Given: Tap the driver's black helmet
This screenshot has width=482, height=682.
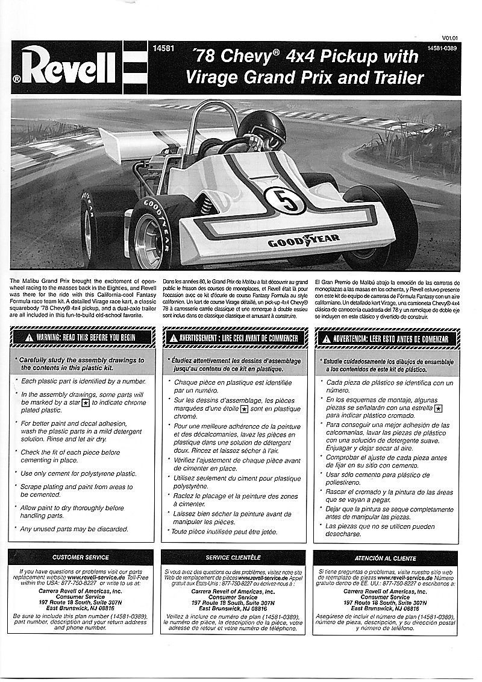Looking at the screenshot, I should pos(263,127).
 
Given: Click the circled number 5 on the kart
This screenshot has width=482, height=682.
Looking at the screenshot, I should pos(284,200).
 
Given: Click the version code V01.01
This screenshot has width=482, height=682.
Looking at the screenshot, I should pos(450,37).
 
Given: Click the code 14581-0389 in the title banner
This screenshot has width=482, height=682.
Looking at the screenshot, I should pos(443,48).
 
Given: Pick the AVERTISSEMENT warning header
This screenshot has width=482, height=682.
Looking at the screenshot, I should pos(234,338).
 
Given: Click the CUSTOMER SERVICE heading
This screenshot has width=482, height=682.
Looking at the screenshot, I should pos(81,558).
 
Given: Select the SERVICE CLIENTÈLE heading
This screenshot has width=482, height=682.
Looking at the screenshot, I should pos(233,558).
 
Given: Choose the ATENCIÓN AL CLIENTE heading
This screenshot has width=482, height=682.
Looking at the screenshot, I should pos(386,558).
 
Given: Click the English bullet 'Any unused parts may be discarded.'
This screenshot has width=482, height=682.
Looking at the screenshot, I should pos(74,529).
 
